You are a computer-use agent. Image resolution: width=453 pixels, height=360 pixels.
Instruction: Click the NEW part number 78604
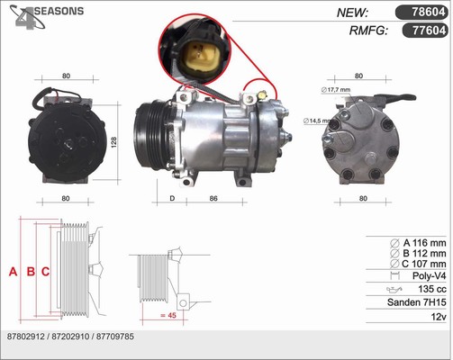428,12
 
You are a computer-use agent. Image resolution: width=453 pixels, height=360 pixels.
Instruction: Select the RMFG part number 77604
429,30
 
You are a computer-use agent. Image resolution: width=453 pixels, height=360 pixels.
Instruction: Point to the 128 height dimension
113,142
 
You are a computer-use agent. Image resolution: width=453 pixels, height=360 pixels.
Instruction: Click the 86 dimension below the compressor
213,198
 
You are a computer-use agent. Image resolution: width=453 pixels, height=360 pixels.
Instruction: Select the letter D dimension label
172,198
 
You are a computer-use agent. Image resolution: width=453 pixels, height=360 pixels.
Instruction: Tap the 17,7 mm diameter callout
336,90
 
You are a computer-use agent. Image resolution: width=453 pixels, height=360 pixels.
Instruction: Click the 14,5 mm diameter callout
317,121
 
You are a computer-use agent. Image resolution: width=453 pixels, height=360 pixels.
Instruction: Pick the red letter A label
13,272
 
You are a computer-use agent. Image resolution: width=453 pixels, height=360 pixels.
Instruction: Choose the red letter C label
45,272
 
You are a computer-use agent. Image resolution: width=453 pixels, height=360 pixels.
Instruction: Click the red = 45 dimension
168,315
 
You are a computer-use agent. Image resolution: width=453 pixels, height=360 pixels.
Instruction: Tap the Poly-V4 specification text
430,275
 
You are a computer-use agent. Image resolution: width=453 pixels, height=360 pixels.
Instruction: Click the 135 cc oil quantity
432,289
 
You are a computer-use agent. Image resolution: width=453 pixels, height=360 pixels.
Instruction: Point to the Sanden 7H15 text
417,302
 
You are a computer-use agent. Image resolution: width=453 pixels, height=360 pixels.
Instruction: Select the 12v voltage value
439,316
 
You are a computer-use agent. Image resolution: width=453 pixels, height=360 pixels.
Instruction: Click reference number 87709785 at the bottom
115,337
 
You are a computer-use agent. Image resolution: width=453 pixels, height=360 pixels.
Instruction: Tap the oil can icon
394,289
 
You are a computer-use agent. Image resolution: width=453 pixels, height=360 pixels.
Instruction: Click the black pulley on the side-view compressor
151,136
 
